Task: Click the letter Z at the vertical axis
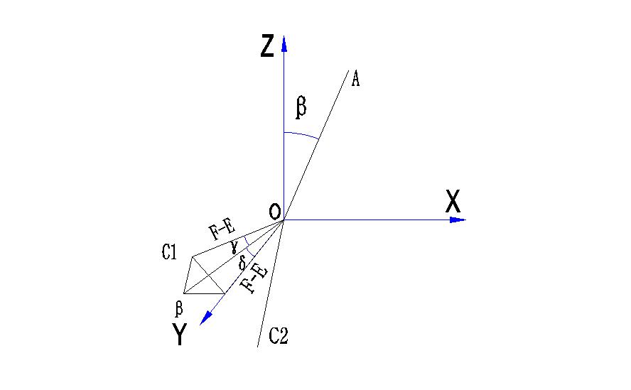tap(267, 46)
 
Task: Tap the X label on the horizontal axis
tap(453, 202)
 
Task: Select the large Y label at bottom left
tap(180, 335)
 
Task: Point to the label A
tap(355, 79)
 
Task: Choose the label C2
tap(278, 336)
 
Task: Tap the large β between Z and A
tap(301, 107)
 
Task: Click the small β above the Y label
tap(179, 308)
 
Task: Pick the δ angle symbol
tap(242, 264)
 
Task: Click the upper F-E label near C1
tap(221, 229)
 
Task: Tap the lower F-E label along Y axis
tap(254, 279)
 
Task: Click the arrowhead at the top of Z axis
tap(284, 43)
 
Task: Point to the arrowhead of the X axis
tap(458, 220)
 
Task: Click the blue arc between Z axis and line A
tap(301, 135)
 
